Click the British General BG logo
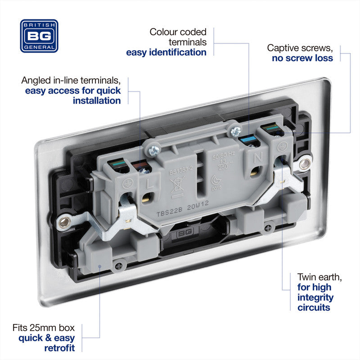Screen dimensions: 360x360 pos(39,36)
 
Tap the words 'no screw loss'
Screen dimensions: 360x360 pos(302,58)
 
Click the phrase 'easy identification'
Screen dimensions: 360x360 pos(166,52)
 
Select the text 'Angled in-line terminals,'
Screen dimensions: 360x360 pos(71,81)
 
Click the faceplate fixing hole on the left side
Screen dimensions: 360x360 pos(65,221)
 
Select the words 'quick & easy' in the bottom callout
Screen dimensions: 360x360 pos(47,337)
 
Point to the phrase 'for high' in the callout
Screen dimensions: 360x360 pos(314,287)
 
